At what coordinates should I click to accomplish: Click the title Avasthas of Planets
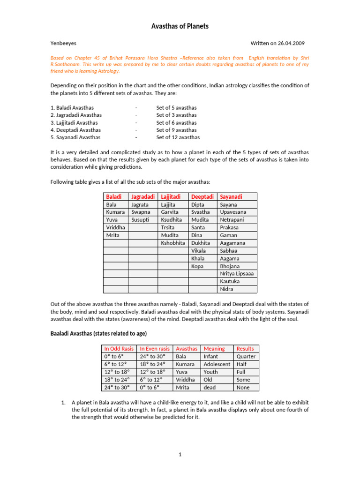180,26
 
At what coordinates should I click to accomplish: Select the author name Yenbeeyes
63,43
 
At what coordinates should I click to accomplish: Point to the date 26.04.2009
292,43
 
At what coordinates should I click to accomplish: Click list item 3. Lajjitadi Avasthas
74,122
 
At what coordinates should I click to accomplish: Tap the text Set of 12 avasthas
178,137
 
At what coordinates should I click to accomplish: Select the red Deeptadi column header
202,196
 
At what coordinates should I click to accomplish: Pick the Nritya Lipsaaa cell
237,273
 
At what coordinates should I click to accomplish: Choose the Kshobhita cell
173,243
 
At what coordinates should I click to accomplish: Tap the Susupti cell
141,220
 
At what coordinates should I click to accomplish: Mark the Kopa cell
197,266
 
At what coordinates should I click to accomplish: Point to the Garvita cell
170,212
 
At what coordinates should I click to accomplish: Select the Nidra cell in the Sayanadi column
227,289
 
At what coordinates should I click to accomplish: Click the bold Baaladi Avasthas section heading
98,333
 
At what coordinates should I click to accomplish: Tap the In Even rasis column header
155,349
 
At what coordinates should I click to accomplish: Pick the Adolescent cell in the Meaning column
217,364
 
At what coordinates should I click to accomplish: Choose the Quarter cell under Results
246,356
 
